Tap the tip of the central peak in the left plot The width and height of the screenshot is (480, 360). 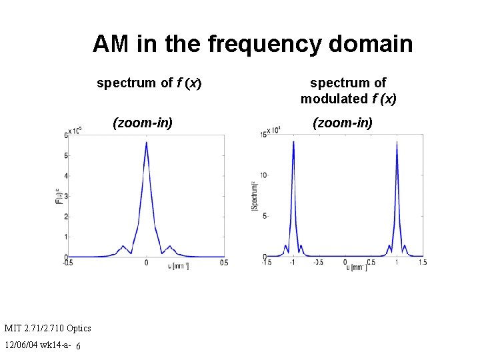(x=146, y=143)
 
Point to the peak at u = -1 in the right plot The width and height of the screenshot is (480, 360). (x=293, y=141)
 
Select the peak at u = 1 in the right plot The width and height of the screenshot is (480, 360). (x=397, y=141)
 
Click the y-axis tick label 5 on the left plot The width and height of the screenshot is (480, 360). (x=65, y=156)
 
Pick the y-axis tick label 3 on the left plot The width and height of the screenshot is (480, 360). (x=65, y=197)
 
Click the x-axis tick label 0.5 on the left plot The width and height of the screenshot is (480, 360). (x=224, y=263)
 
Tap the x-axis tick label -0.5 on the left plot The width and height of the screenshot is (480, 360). (x=68, y=263)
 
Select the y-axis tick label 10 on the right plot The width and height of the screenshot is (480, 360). (x=263, y=175)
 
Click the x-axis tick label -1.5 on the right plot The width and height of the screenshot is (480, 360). (x=267, y=263)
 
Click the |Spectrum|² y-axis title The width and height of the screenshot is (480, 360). (x=254, y=196)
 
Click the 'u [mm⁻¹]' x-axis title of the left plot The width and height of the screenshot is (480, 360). (x=178, y=265)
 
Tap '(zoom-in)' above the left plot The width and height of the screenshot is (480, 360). (x=143, y=123)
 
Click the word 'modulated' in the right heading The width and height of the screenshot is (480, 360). (x=334, y=99)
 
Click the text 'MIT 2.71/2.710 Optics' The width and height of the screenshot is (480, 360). (x=47, y=328)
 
